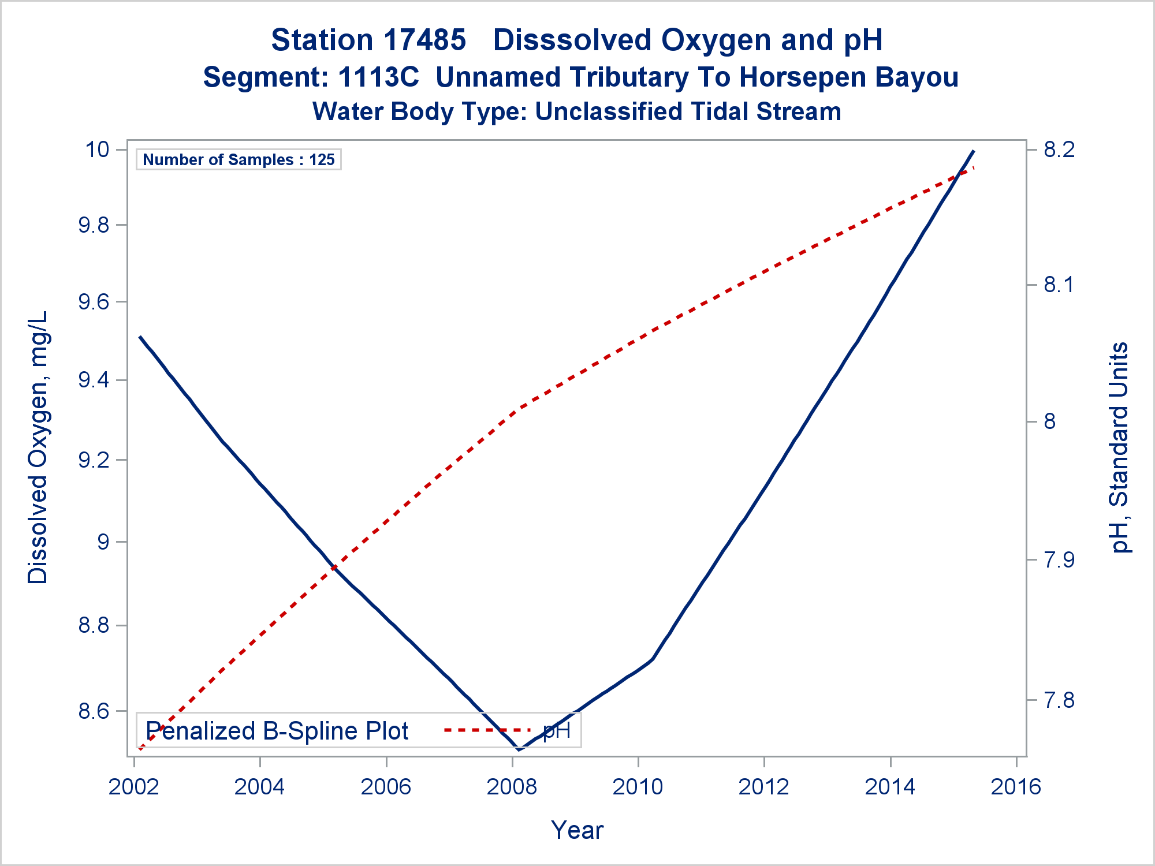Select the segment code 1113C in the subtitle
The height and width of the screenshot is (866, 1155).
pyautogui.click(x=378, y=77)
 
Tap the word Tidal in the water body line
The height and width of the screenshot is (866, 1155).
pyautogui.click(x=717, y=112)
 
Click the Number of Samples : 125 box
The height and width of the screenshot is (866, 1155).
pyautogui.click(x=239, y=160)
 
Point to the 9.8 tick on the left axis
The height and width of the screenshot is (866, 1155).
pyautogui.click(x=94, y=225)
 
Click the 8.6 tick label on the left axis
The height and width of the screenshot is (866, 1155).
pyautogui.click(x=94, y=711)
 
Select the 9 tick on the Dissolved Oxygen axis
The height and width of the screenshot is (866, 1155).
pyautogui.click(x=103, y=542)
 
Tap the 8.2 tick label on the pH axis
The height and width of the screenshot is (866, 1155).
pyautogui.click(x=1059, y=150)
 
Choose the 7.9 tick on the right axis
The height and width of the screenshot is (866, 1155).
pyautogui.click(x=1059, y=559)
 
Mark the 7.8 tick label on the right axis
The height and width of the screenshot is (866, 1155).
pyautogui.click(x=1059, y=700)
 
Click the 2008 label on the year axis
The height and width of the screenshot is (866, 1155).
pyautogui.click(x=512, y=787)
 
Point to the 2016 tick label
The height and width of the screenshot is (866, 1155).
pyautogui.click(x=1016, y=787)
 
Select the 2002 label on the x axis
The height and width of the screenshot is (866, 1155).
pyautogui.click(x=134, y=787)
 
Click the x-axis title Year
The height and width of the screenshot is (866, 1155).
pyautogui.click(x=577, y=830)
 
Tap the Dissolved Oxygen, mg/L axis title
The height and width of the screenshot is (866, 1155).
pyautogui.click(x=38, y=447)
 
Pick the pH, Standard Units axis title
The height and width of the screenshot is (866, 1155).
pyautogui.click(x=1119, y=447)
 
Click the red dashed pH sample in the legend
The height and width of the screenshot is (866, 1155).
pyautogui.click(x=487, y=730)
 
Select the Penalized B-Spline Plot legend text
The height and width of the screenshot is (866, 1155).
pyautogui.click(x=277, y=731)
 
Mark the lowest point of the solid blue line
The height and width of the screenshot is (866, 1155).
pyautogui.click(x=519, y=749)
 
